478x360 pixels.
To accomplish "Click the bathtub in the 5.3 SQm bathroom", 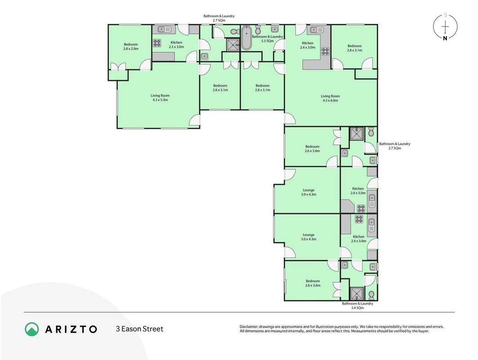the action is click(246, 38).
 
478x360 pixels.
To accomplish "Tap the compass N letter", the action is click(445, 38).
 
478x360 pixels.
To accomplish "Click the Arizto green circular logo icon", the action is click(32, 329).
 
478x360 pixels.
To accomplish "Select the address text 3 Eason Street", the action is click(139, 329).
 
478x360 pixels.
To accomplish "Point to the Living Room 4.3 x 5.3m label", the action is click(160, 98).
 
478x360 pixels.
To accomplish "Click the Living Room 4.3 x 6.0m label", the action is click(330, 98).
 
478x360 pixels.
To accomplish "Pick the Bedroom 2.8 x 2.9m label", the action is click(131, 46).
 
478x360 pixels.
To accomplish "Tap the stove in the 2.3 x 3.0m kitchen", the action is click(157, 43).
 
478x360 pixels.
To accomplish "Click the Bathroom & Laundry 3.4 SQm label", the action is click(357, 306).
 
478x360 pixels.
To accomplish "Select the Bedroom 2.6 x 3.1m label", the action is click(220, 88).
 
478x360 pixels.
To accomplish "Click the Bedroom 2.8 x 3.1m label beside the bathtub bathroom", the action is click(263, 88).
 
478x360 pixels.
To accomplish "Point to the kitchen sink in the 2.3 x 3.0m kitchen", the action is click(165, 30).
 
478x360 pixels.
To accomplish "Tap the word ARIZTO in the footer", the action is click(71, 329).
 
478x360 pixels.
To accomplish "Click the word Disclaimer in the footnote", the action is click(249, 327).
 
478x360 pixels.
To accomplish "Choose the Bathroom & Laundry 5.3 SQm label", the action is click(268, 39).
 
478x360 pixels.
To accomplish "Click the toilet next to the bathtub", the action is click(257, 30).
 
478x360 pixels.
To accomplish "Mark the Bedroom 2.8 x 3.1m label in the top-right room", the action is click(354, 48).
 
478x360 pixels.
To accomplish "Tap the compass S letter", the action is click(445, 15).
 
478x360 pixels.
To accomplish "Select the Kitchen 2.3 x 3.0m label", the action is click(177, 45).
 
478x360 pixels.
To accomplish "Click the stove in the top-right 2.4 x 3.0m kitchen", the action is click(325, 51).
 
